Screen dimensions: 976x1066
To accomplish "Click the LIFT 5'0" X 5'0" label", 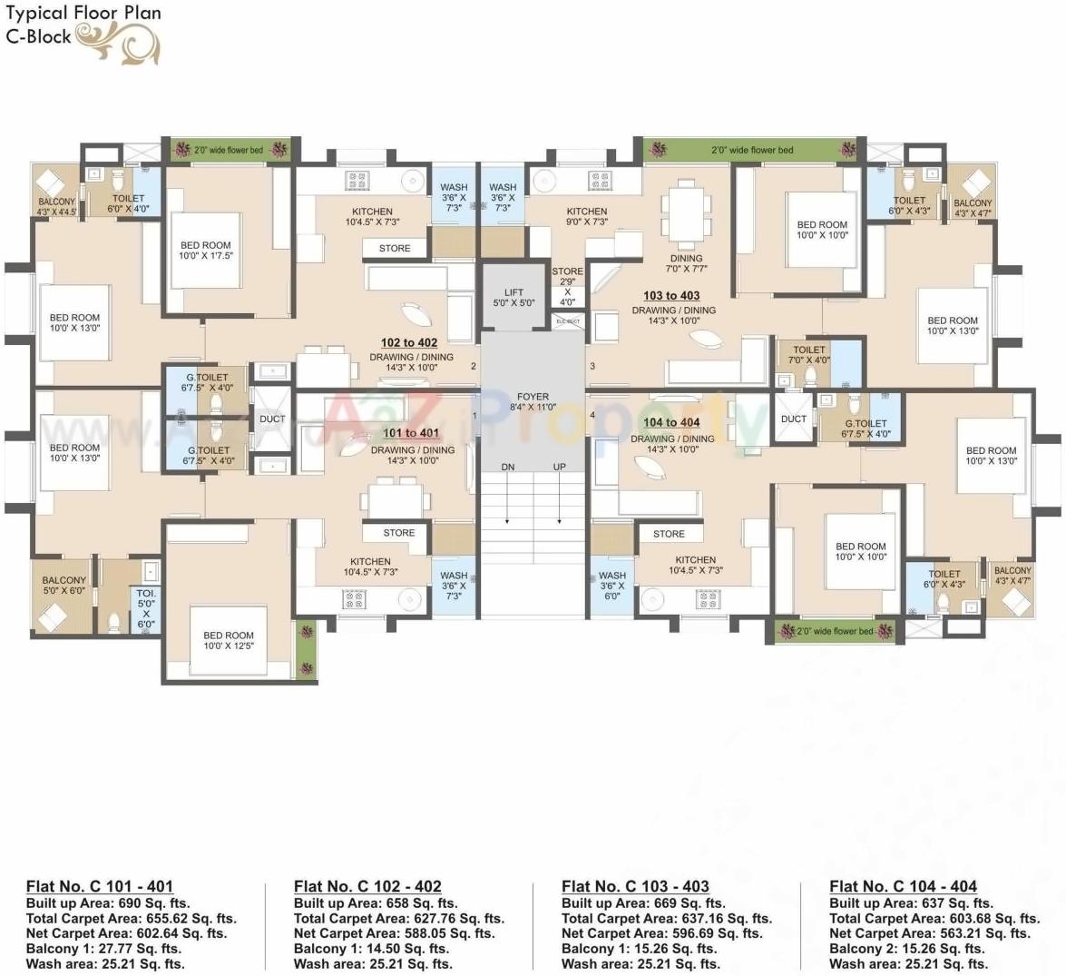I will coord(513,298).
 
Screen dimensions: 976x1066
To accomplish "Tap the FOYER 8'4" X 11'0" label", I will coord(533,402).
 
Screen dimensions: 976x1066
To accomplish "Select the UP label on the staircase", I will coord(559,467).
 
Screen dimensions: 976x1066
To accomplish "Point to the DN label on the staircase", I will coord(508,467).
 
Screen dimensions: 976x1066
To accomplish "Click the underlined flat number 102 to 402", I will coord(409,342).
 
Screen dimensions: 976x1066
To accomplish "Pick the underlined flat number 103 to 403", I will coord(671,295).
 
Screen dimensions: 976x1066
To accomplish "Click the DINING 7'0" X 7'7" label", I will coord(687,263).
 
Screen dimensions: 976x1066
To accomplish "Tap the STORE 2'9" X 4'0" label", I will coord(568,286).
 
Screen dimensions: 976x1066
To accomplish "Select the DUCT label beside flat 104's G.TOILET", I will coord(794,419).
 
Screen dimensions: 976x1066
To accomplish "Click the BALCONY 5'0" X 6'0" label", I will coord(64,585).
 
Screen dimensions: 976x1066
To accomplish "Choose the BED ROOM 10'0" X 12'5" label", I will coord(229,641).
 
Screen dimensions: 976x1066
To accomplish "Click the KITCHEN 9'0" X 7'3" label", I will coord(587,216).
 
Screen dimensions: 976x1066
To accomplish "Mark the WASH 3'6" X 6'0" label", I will coord(612,586).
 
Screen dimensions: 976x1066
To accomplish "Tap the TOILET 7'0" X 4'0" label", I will coord(809,355).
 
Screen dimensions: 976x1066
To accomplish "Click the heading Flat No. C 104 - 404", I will coord(903,886).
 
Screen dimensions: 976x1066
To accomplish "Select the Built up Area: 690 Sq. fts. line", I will coord(108,903).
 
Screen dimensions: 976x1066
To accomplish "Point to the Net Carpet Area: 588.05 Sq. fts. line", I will coord(395,933).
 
